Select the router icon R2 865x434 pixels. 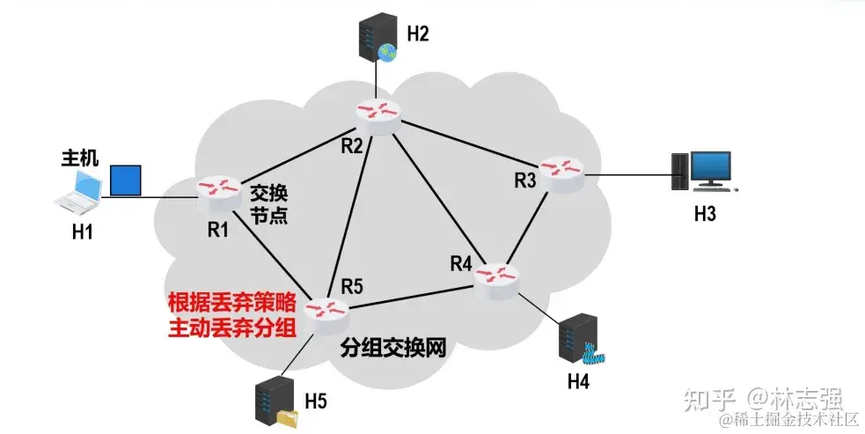(378, 113)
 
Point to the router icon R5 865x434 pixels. (326, 310)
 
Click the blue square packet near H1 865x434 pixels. (125, 180)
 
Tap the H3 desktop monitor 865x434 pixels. (709, 169)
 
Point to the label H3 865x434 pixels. (705, 214)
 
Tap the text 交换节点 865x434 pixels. (269, 203)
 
